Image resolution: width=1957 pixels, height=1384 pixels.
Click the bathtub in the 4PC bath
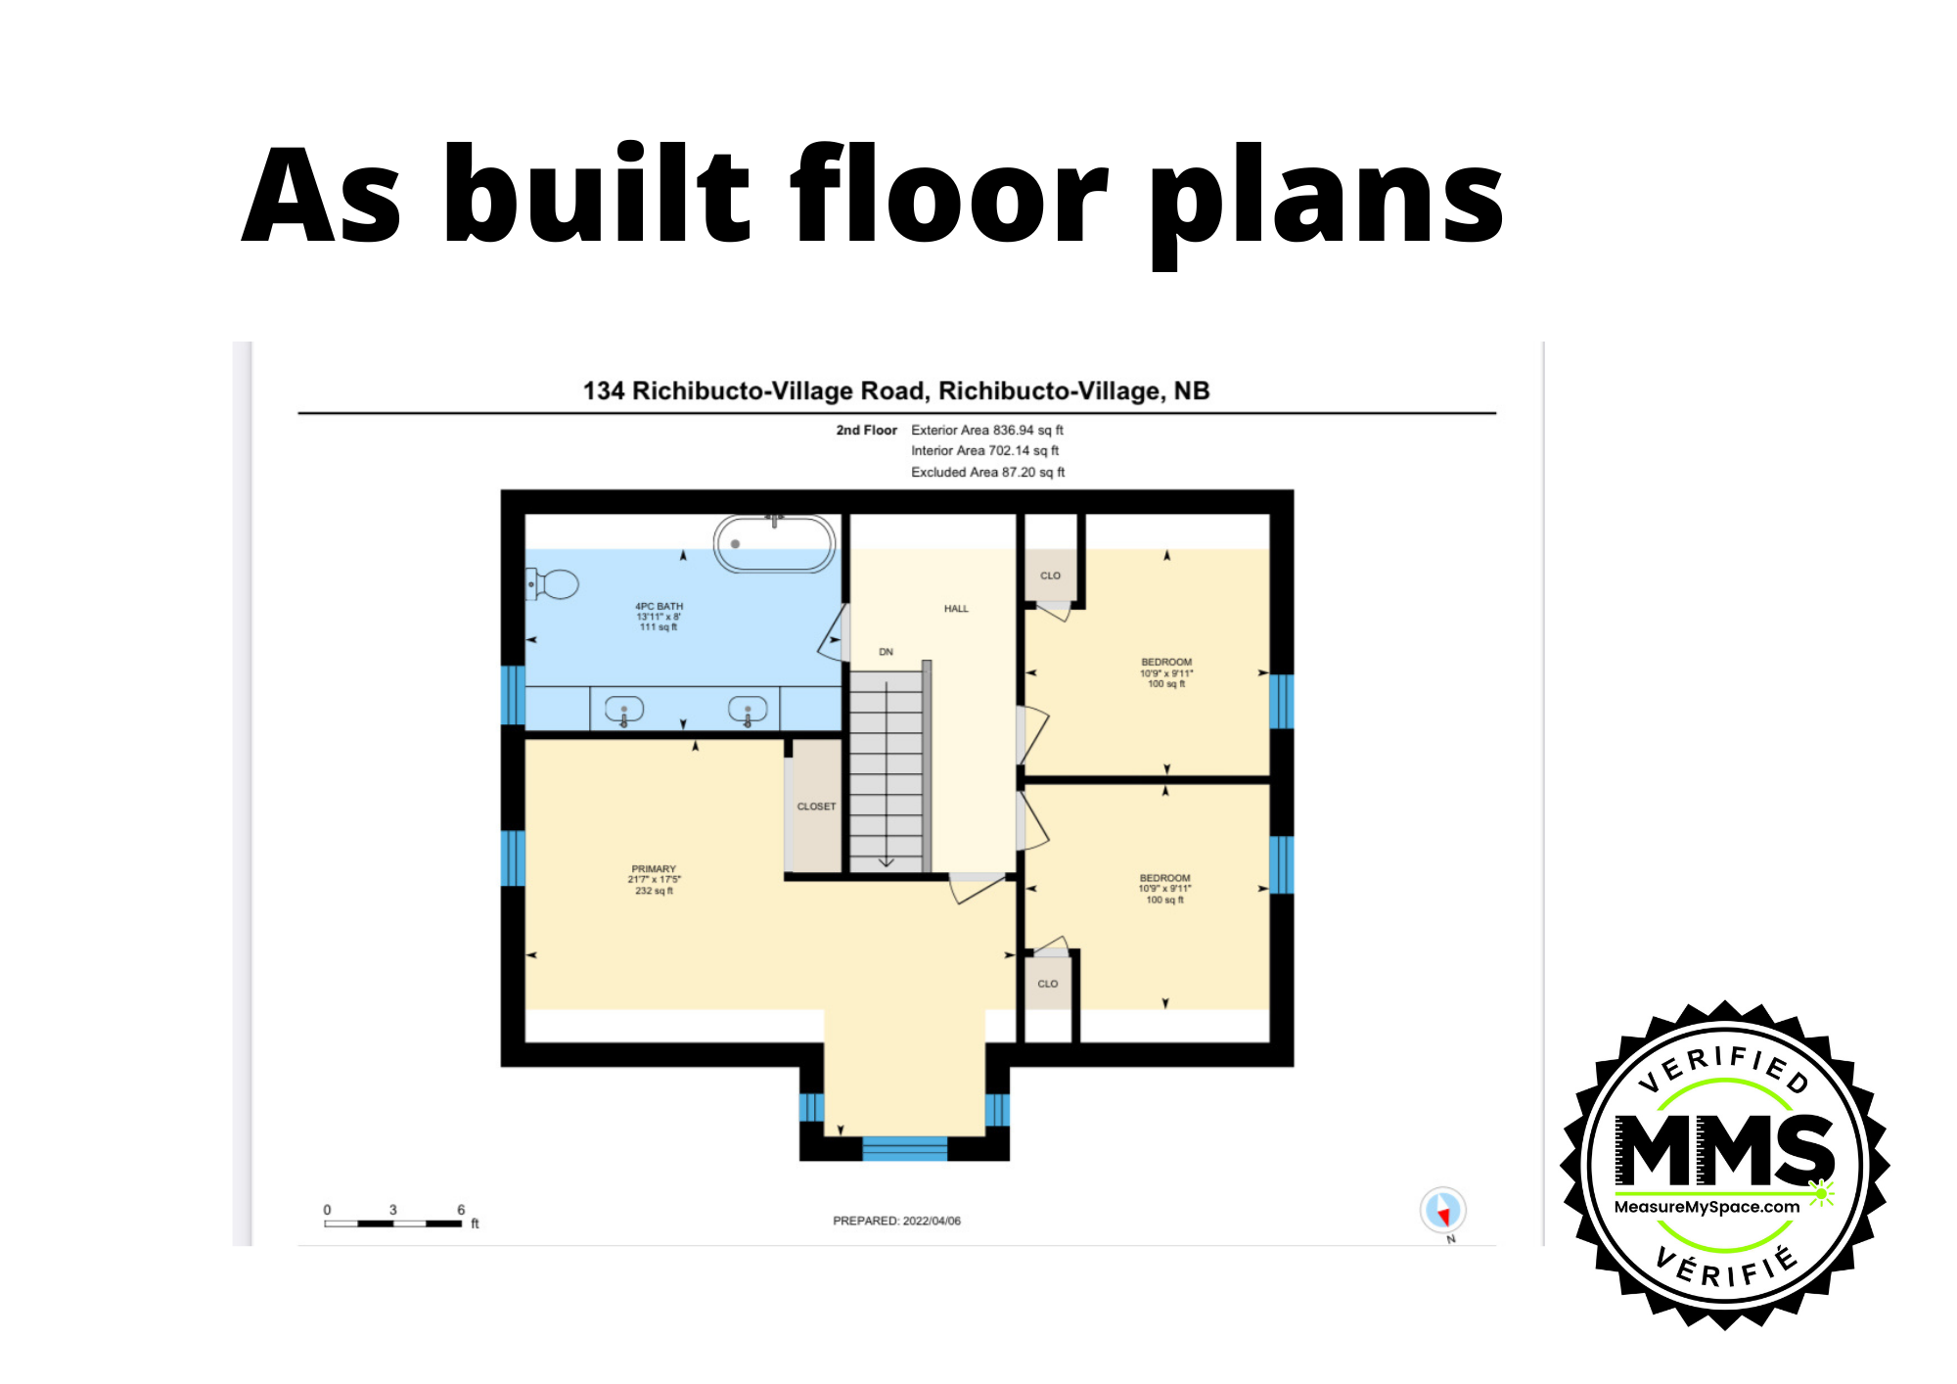[x=774, y=543]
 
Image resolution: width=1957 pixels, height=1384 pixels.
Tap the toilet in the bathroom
[x=554, y=585]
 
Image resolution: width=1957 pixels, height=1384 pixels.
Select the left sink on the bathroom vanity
[x=624, y=709]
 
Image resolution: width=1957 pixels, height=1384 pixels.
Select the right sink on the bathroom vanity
[x=748, y=709]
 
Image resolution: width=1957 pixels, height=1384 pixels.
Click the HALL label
[x=956, y=609]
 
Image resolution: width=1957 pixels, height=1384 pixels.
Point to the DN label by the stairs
[x=886, y=652]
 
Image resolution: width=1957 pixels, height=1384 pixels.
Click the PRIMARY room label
[x=654, y=869]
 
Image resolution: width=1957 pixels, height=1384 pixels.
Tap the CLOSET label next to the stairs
[x=816, y=807]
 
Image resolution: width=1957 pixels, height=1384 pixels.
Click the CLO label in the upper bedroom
[x=1050, y=576]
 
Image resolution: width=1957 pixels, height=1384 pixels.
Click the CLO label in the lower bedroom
[x=1047, y=984]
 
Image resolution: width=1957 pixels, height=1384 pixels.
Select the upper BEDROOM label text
[x=1166, y=663]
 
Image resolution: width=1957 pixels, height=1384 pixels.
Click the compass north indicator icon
[x=1442, y=1211]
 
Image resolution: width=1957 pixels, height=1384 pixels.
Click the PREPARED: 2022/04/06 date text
[x=896, y=1221]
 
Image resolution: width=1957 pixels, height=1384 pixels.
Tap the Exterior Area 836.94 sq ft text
[x=986, y=430]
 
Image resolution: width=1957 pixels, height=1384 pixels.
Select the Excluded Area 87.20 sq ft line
[x=987, y=472]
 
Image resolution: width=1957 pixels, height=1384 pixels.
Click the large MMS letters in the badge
[x=1724, y=1151]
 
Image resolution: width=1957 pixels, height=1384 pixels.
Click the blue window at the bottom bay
[x=904, y=1148]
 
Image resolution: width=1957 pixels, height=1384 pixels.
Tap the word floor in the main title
[x=947, y=196]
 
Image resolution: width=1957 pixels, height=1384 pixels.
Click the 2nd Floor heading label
[x=866, y=430]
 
